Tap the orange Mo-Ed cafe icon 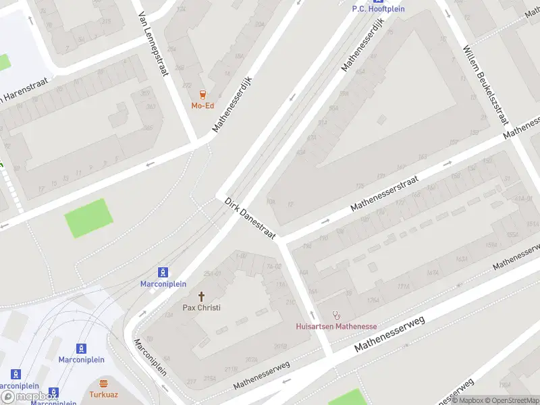(202, 94)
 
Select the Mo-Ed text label (202, 105)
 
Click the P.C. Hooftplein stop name (378, 9)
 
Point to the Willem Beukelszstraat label (485, 85)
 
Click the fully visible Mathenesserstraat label (385, 194)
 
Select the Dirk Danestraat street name (250, 218)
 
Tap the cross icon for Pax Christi (201, 296)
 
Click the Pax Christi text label (201, 308)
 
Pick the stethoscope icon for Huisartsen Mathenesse (336, 315)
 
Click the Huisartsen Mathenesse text (336, 327)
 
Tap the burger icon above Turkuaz (103, 383)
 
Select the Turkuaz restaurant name (103, 394)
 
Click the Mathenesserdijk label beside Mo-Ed (236, 103)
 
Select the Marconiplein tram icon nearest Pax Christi (163, 273)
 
